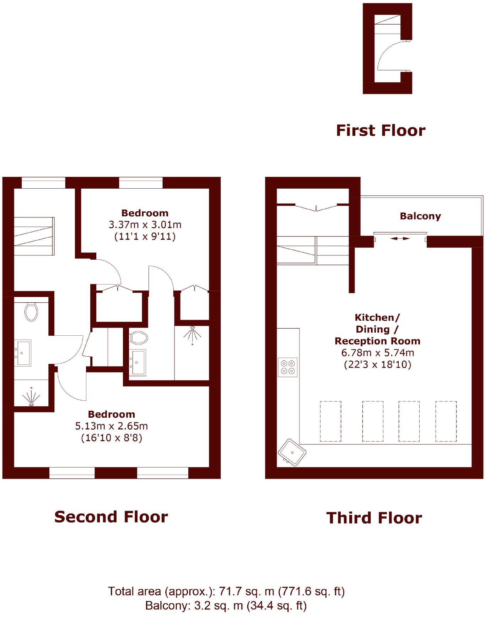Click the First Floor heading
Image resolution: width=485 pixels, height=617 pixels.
pyautogui.click(x=381, y=130)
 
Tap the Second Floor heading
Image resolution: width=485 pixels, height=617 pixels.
pyautogui.click(x=111, y=517)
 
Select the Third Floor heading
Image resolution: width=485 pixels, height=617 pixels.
pyautogui.click(x=374, y=518)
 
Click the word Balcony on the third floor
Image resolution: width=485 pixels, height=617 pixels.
pyautogui.click(x=420, y=216)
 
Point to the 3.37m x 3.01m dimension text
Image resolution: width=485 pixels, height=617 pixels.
pyautogui.click(x=145, y=225)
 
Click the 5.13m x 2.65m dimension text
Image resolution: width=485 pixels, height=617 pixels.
pyautogui.click(x=112, y=426)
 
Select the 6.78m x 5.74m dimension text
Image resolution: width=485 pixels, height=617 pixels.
pyautogui.click(x=377, y=353)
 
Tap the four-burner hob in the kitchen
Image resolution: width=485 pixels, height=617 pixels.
pyautogui.click(x=287, y=367)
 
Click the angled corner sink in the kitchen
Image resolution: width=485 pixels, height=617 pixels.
pyautogui.click(x=292, y=453)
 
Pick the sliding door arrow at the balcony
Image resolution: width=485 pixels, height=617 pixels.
pyautogui.click(x=400, y=239)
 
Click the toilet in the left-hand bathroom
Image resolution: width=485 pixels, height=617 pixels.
pyautogui.click(x=31, y=312)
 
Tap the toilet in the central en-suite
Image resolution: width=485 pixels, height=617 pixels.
pyautogui.click(x=139, y=338)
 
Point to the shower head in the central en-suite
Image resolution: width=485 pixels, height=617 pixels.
pyautogui.click(x=192, y=334)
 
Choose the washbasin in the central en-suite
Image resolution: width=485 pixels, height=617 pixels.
pyautogui.click(x=138, y=362)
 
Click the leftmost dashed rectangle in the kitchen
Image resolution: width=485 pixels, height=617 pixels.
pyautogui.click(x=330, y=421)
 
